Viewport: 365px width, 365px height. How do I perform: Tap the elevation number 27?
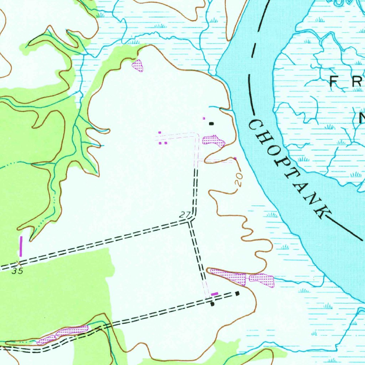coord(185,215)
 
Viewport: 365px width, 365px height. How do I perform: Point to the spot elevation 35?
coord(17,271)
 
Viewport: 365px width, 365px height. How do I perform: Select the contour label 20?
coord(239,180)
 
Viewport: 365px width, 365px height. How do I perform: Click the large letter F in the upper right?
coord(334,82)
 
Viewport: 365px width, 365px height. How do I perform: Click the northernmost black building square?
coord(211,124)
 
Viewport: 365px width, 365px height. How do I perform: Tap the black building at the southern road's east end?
coord(237,293)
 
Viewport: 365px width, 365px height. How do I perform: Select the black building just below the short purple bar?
coord(212,304)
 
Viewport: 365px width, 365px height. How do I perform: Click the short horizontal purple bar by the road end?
coord(214,294)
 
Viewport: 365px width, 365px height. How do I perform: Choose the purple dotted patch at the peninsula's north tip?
coord(138,65)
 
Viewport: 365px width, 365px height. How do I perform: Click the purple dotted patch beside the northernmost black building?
coord(214,140)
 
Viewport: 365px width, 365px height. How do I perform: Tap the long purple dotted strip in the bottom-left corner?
coord(62,335)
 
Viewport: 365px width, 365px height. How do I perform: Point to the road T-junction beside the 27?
coord(190,221)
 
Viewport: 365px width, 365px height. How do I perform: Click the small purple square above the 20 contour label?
coord(235,158)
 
